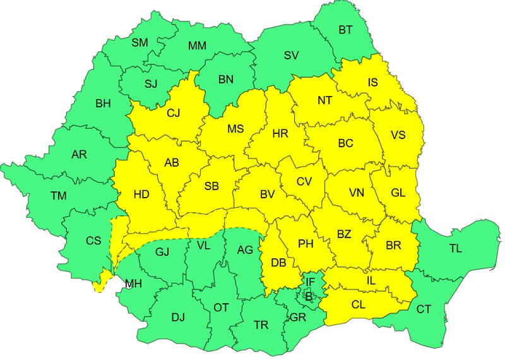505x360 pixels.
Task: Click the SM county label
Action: [140, 43]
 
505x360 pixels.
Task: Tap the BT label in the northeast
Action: [345, 30]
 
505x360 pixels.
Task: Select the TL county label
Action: [455, 248]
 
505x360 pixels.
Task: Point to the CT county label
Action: [424, 309]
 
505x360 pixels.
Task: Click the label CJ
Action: [173, 114]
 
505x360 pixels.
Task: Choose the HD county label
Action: [141, 195]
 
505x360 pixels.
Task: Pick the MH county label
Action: [133, 284]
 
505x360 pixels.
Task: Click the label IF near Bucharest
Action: [310, 281]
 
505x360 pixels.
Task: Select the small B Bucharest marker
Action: [309, 295]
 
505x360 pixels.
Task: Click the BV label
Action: [268, 195]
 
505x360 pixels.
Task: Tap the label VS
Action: [398, 135]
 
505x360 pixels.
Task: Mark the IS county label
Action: [374, 81]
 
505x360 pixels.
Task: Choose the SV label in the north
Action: [291, 55]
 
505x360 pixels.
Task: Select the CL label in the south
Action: [359, 304]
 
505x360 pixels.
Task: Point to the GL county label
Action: [398, 193]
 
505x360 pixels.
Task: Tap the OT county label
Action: [221, 308]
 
